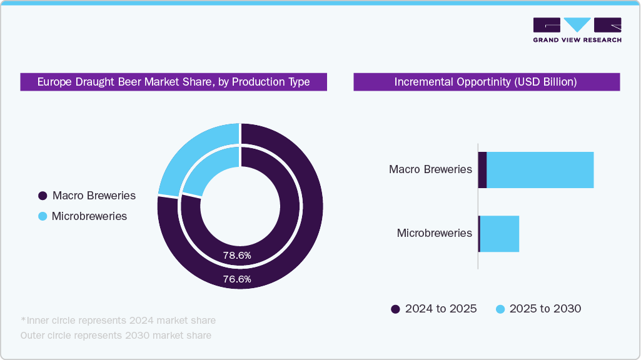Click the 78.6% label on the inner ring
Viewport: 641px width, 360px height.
[x=237, y=255]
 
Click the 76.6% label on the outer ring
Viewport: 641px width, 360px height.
[x=237, y=279]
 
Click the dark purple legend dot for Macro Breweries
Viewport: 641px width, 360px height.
[x=43, y=196]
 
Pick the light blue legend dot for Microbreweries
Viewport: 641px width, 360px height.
[x=43, y=216]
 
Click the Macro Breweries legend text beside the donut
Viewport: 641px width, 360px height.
[x=94, y=196]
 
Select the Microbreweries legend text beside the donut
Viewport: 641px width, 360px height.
[x=89, y=216]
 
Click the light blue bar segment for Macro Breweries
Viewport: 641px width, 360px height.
[x=540, y=169]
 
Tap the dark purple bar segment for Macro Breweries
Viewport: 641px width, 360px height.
[x=482, y=169]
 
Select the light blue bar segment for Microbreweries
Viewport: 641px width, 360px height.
[x=500, y=234]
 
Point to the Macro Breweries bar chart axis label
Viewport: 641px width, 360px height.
[x=430, y=169]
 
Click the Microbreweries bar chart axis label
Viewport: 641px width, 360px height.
[x=434, y=233]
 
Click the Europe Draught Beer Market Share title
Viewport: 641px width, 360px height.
[x=173, y=82]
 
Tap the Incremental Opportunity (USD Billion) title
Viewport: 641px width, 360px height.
[x=486, y=82]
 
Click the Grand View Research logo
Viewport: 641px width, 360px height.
[x=577, y=30]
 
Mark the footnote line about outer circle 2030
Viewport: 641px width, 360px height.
[x=116, y=336]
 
